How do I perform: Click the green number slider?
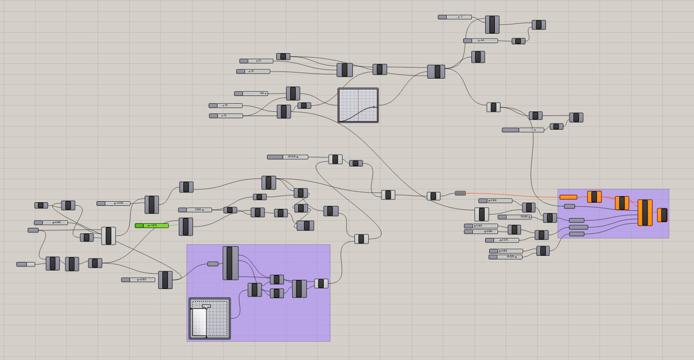tap(152, 225)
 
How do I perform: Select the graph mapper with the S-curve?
tap(358, 106)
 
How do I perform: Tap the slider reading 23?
tap(256, 61)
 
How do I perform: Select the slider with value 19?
tap(226, 106)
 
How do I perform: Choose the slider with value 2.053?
tap(138, 280)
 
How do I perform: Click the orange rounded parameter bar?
tap(568, 197)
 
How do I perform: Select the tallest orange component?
tap(645, 212)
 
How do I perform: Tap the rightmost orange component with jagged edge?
tap(662, 215)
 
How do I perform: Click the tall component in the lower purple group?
tap(230, 263)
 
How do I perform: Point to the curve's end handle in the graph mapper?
tap(374, 107)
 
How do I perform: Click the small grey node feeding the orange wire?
tap(460, 193)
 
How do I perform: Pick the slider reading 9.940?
tap(481, 232)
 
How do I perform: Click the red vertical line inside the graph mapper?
tap(357, 106)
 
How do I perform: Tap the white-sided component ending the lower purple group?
tap(321, 283)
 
